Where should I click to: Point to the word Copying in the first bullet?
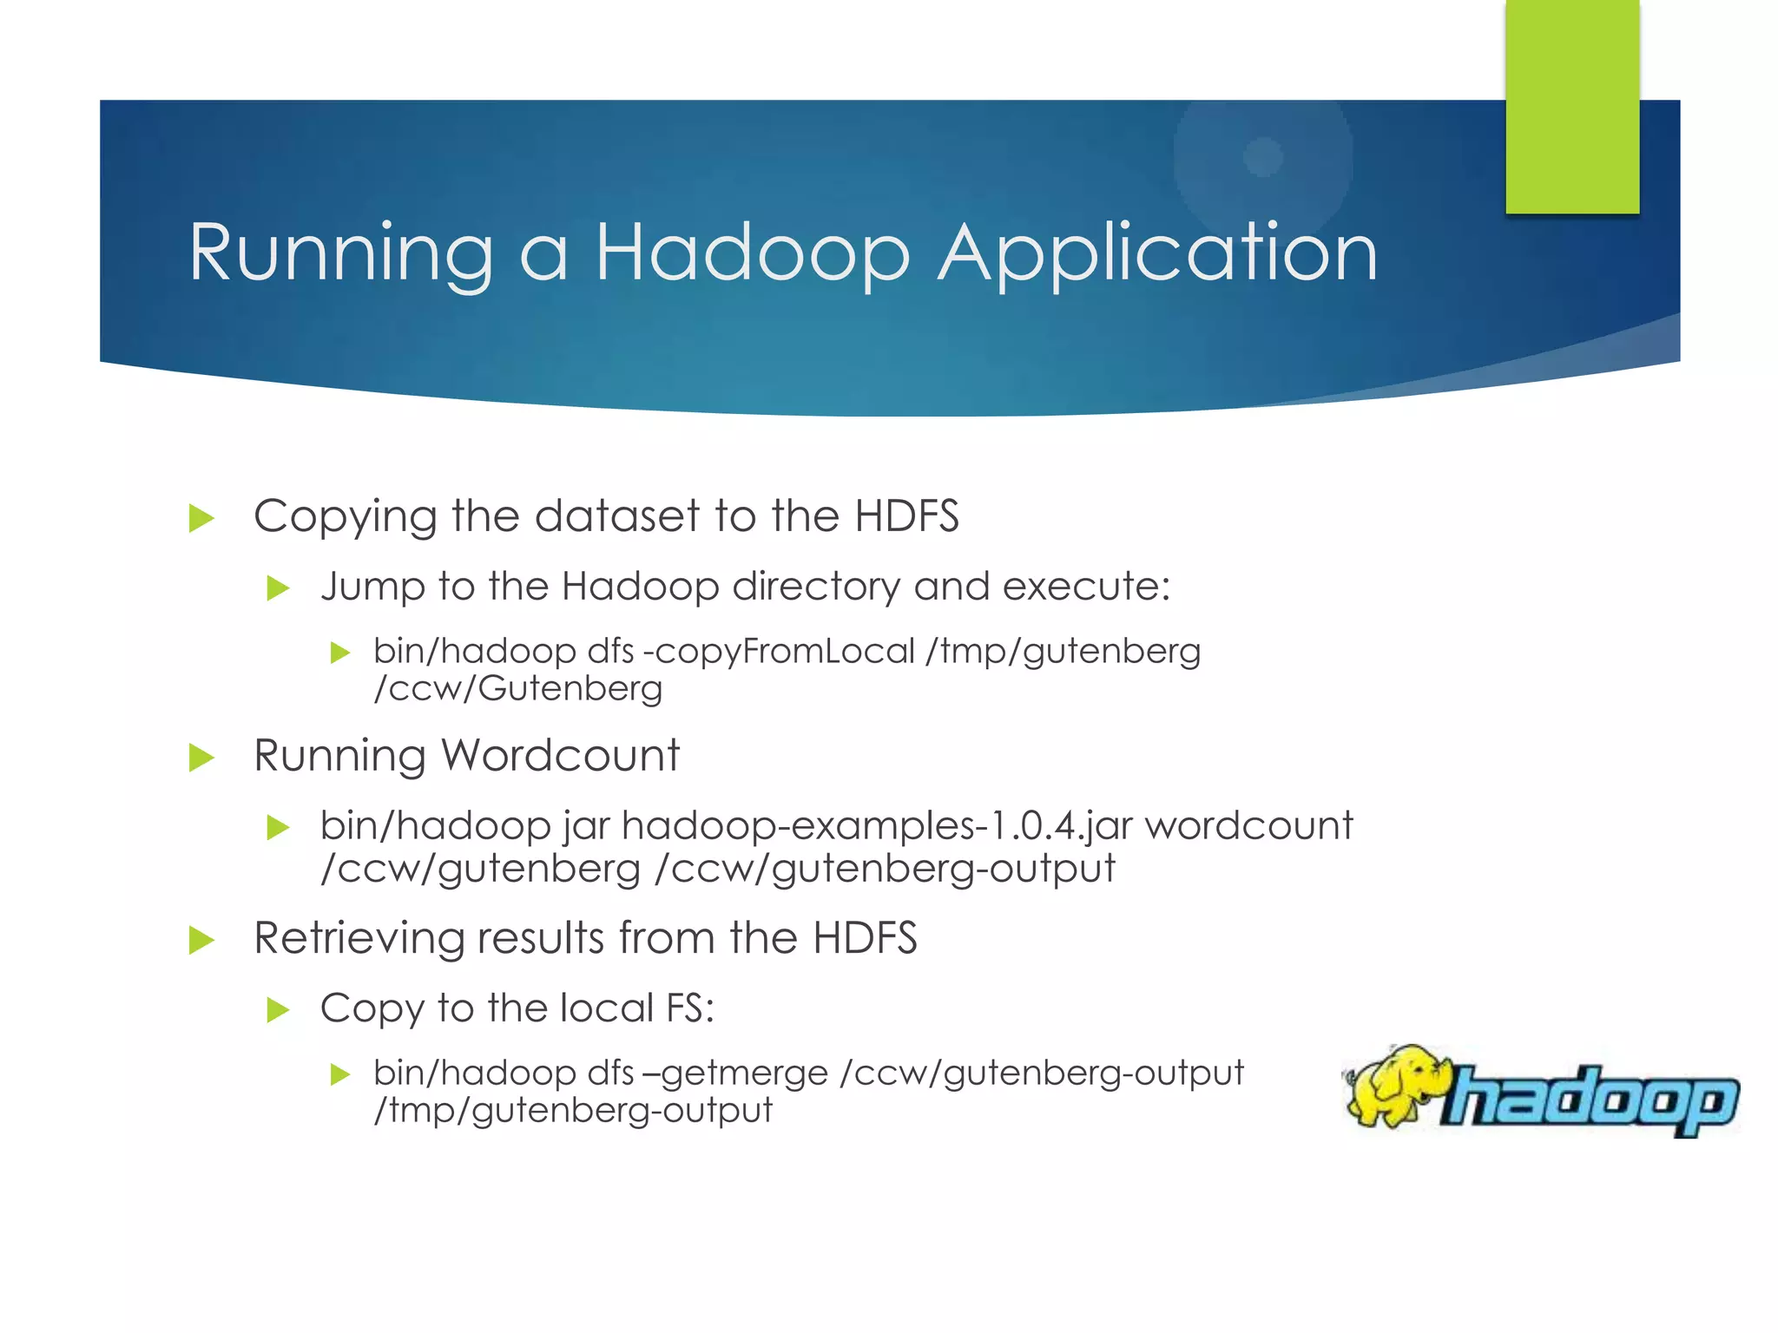point(345,517)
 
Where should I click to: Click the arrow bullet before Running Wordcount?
point(201,758)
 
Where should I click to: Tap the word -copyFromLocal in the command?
point(779,651)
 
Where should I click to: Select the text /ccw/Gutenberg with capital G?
point(518,689)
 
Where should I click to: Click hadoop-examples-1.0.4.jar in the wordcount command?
point(877,825)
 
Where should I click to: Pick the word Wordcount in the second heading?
point(561,755)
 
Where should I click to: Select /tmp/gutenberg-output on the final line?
point(573,1111)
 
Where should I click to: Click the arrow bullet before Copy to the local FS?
point(277,1010)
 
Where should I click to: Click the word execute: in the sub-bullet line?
point(1086,587)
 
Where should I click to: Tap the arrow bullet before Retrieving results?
point(201,940)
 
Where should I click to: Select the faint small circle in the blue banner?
point(1263,157)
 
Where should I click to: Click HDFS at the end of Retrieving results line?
point(865,938)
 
